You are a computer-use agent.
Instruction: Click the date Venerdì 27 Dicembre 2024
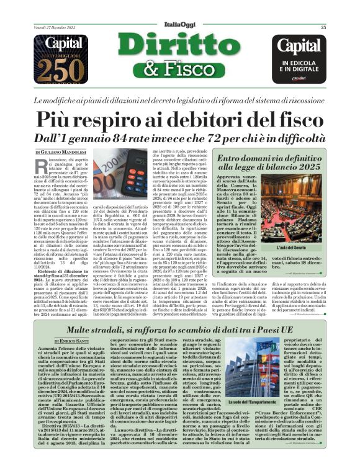click(55, 27)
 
